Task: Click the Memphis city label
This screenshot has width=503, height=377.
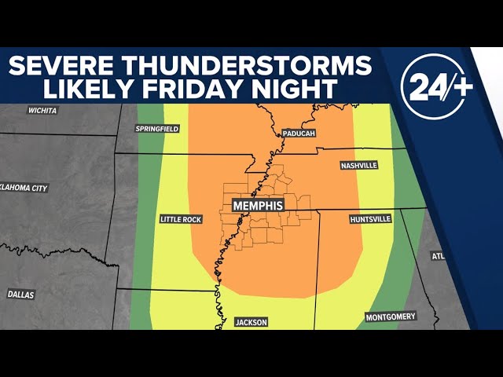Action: pyautogui.click(x=258, y=204)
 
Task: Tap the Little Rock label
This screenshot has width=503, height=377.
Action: pyautogui.click(x=181, y=219)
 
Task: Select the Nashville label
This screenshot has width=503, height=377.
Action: pyautogui.click(x=359, y=166)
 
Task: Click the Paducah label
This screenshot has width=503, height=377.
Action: pyautogui.click(x=298, y=134)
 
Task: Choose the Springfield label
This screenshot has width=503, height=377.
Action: pyautogui.click(x=157, y=128)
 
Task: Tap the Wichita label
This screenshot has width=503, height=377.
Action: pyautogui.click(x=42, y=111)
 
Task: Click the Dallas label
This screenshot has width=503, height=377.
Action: pyautogui.click(x=20, y=294)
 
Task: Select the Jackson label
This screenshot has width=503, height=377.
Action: pyautogui.click(x=251, y=322)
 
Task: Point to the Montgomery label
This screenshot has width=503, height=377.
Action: pyautogui.click(x=390, y=317)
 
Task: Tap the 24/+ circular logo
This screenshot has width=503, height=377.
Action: pyautogui.click(x=437, y=86)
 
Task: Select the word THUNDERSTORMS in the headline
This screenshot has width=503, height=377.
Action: pyautogui.click(x=272, y=65)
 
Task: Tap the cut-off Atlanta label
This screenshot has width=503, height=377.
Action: pyautogui.click(x=438, y=256)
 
